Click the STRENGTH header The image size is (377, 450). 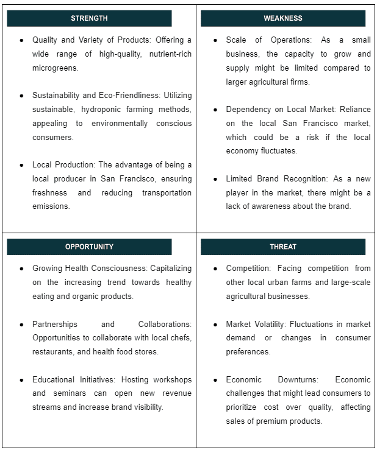pos(89,18)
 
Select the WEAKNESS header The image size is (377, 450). pos(282,18)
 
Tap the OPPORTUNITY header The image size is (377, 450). pos(89,247)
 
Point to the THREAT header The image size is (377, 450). pos(282,247)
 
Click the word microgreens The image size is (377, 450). pos(56,68)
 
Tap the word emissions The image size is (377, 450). pos(51,206)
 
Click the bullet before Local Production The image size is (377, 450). pos(22,165)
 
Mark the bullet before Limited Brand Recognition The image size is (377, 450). pos(216,179)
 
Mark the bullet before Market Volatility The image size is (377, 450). pos(216,324)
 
